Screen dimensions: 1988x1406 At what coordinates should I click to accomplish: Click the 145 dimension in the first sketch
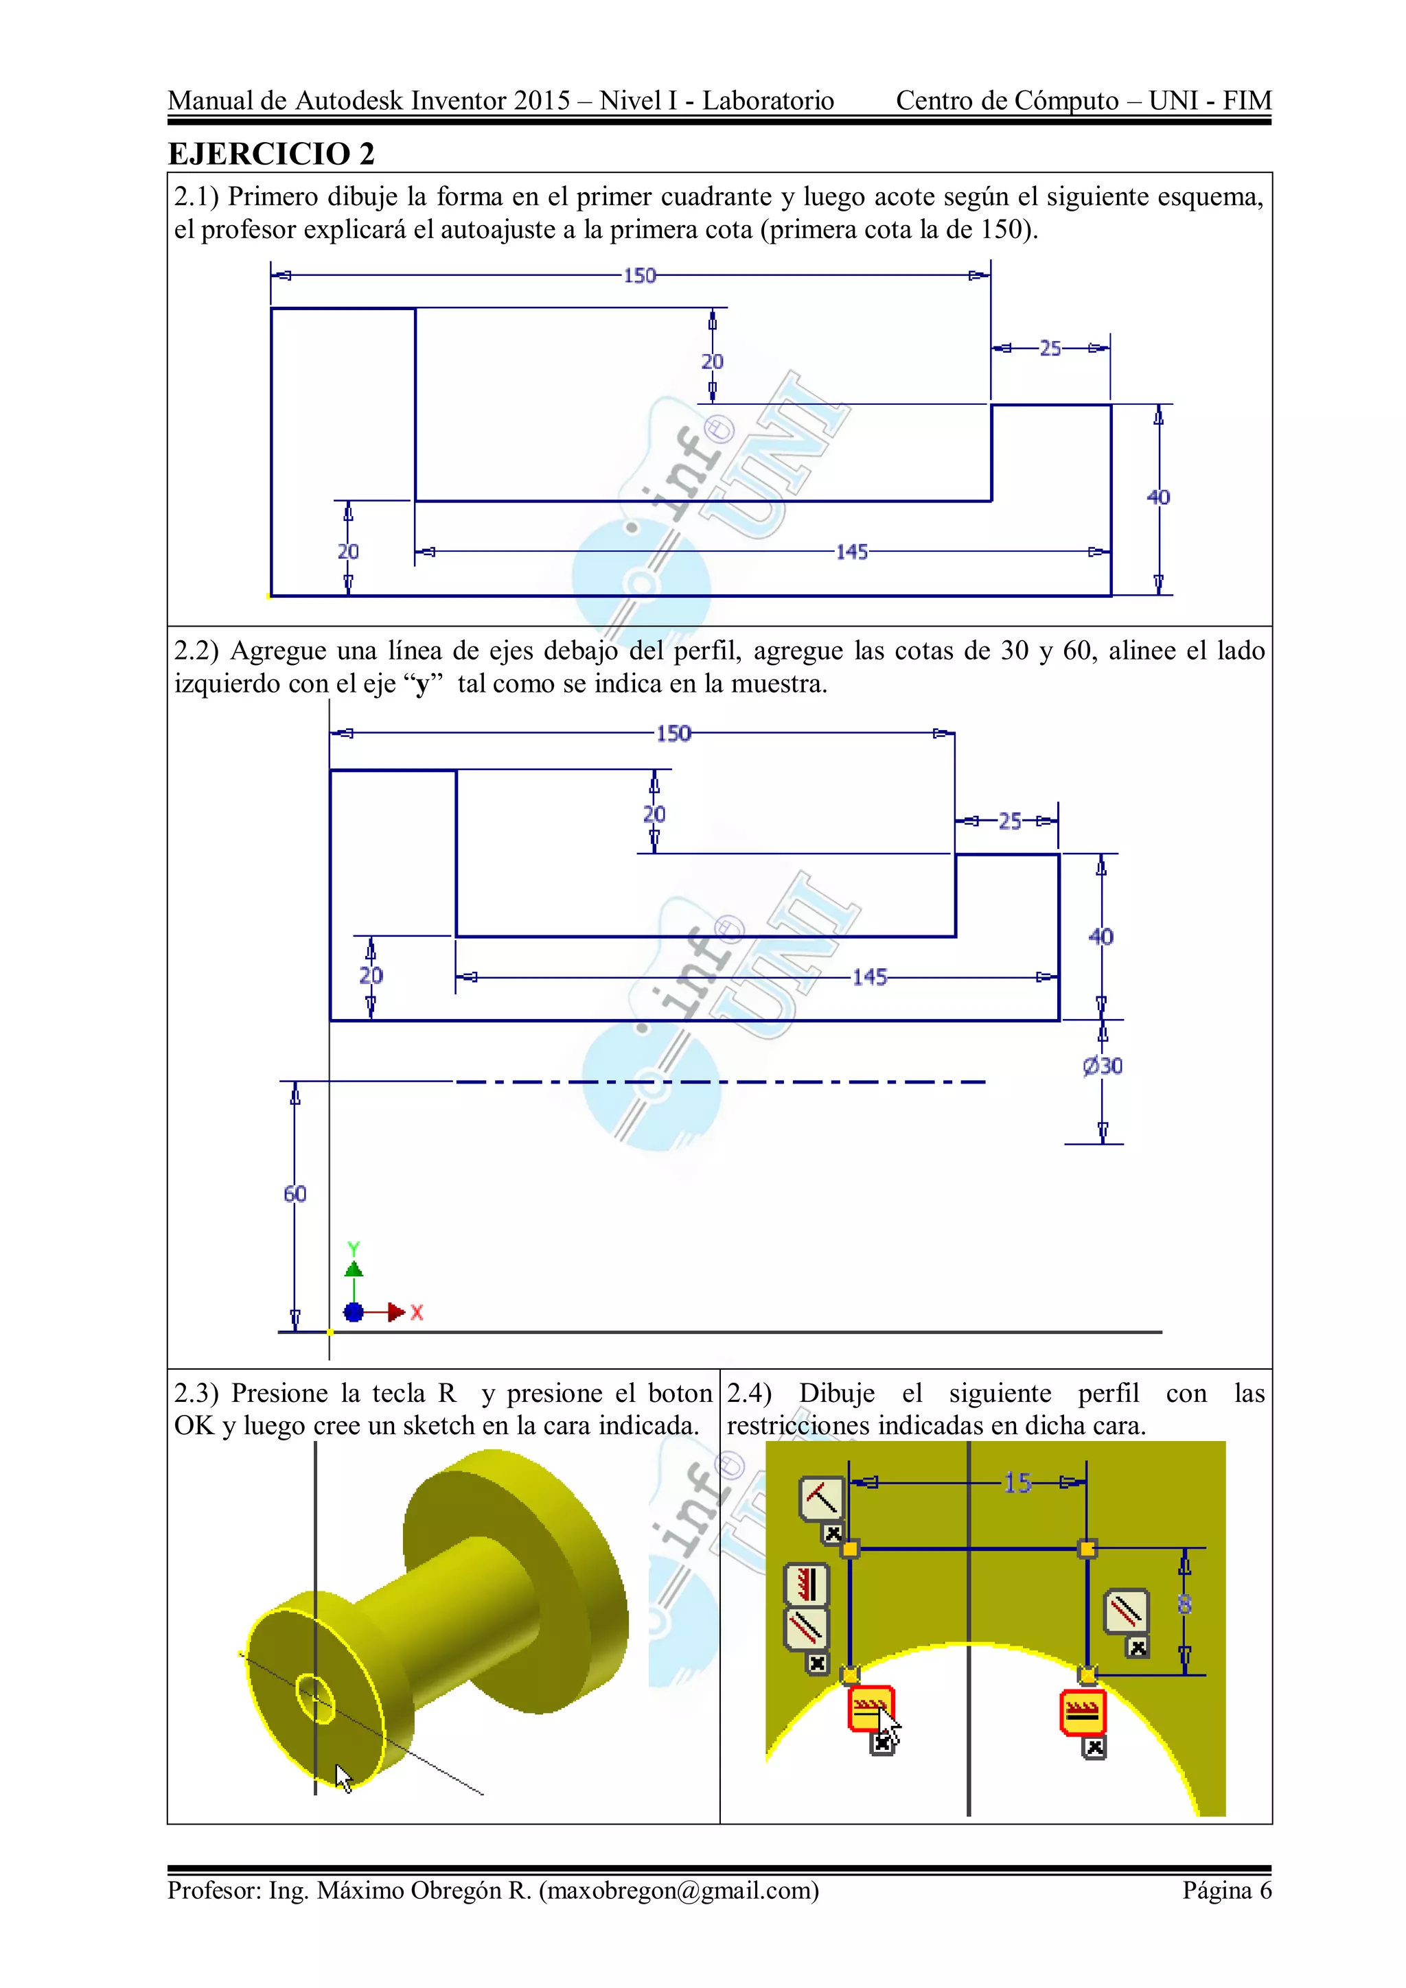(x=851, y=552)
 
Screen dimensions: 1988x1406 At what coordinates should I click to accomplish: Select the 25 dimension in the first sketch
(x=1050, y=348)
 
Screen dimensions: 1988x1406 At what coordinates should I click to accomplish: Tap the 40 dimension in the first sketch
(x=1158, y=497)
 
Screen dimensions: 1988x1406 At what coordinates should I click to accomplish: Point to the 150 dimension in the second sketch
(x=673, y=734)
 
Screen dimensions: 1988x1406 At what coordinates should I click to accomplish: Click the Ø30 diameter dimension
(x=1102, y=1066)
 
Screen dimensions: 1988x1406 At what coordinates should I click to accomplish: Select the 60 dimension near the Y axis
(x=295, y=1194)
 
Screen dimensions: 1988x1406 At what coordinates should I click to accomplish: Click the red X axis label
(x=417, y=1313)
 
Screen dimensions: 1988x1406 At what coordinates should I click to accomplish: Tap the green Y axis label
(x=354, y=1248)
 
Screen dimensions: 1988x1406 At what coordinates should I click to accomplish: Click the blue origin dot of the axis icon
(x=354, y=1313)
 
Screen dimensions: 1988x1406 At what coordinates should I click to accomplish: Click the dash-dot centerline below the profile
(x=719, y=1081)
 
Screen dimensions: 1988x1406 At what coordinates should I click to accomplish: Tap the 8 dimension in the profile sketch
(x=1184, y=1604)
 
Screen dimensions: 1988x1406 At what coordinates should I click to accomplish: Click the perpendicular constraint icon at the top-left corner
(x=820, y=1499)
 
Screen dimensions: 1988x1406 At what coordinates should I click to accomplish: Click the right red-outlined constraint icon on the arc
(x=1082, y=1711)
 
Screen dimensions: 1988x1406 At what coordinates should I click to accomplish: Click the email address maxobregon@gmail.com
(x=678, y=1890)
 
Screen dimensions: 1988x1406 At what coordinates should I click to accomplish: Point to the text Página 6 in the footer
(x=1227, y=1890)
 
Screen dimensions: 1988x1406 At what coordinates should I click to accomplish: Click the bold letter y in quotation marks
(x=422, y=684)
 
